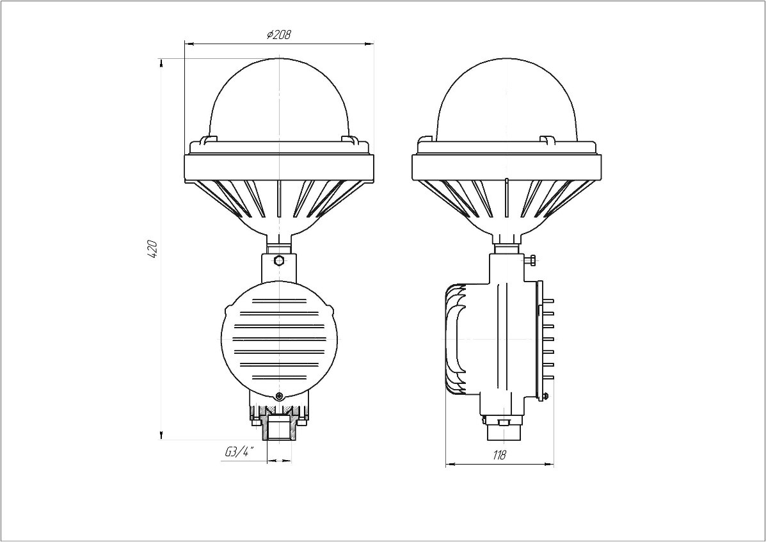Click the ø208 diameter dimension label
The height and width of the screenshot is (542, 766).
[279, 35]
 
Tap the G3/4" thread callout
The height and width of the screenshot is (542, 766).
[240, 452]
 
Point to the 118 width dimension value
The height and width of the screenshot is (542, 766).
[499, 455]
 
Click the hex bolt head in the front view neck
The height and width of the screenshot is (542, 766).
[279, 260]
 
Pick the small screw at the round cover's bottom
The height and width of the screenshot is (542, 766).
[279, 395]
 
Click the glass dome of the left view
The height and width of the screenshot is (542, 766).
[280, 99]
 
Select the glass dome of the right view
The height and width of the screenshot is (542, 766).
[507, 99]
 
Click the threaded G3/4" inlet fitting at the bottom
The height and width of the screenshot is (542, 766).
[280, 427]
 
